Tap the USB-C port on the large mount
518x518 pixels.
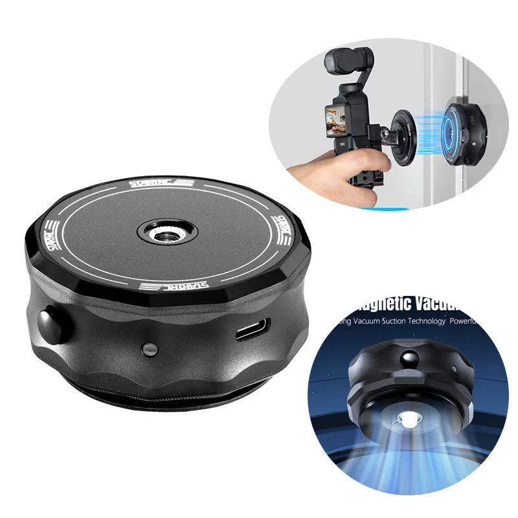tap(249, 333)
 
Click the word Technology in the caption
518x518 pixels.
tap(423, 321)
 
